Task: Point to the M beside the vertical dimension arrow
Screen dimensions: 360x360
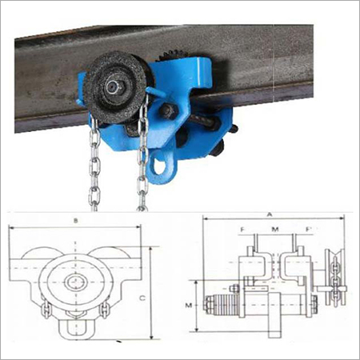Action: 188,305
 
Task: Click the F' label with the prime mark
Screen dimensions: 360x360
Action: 305,230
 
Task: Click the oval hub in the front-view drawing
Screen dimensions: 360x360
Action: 78,281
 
